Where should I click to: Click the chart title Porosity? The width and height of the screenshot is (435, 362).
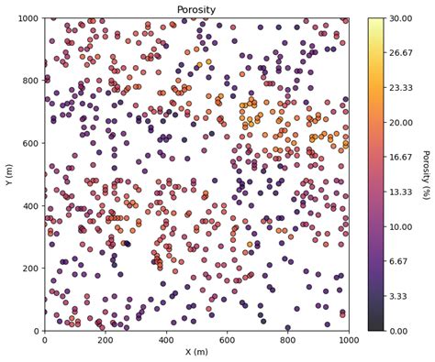point(196,10)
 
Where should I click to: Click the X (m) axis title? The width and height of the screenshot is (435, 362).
point(196,352)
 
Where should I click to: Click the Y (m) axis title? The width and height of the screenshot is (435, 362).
point(8,173)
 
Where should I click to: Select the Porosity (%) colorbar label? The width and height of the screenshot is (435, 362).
point(426,173)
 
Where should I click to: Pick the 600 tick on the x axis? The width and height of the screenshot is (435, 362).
point(227,339)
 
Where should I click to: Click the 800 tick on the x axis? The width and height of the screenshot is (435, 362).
point(287,339)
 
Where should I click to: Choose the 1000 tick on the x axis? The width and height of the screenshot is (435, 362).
point(348,339)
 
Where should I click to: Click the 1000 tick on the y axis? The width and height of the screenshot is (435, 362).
point(28,18)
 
